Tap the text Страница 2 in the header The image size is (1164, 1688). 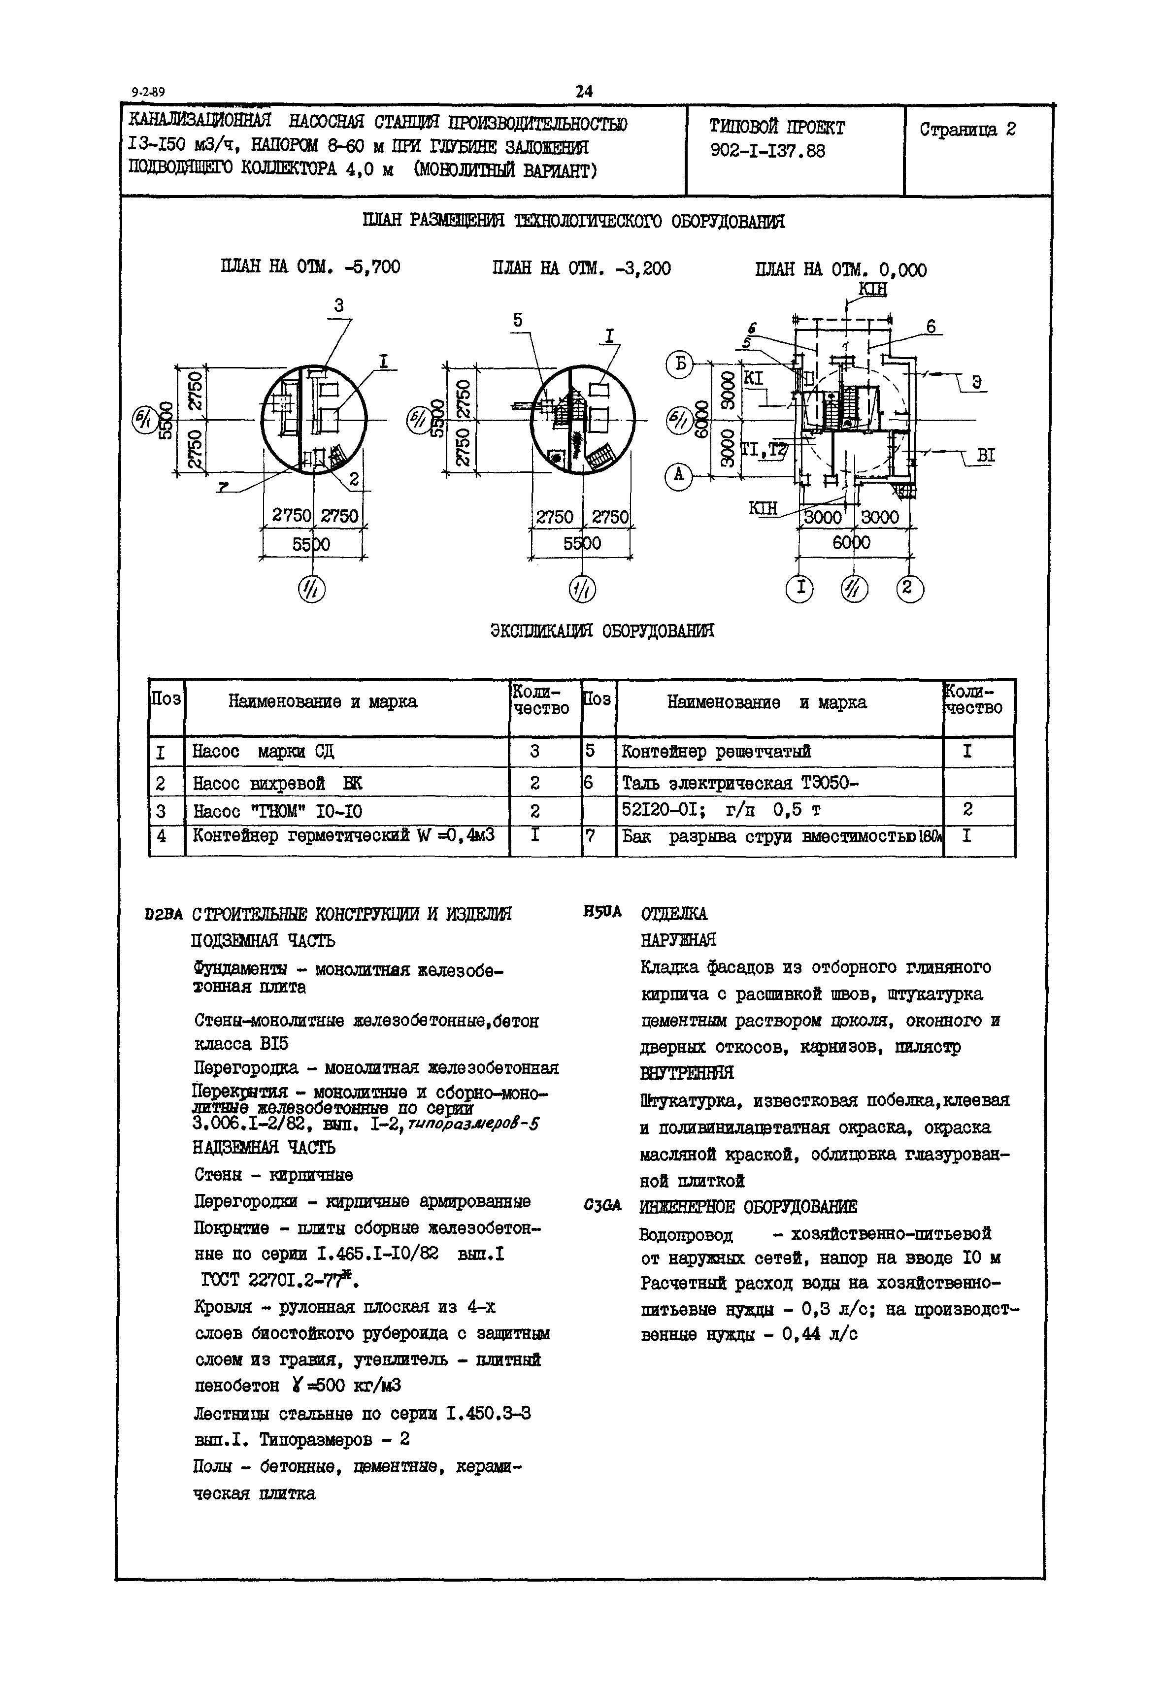coord(967,130)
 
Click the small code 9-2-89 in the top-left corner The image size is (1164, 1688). coord(148,93)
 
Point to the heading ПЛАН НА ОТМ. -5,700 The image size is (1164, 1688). coord(310,267)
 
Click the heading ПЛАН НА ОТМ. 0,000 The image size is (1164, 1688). coord(841,270)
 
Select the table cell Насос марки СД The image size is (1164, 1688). coord(263,751)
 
